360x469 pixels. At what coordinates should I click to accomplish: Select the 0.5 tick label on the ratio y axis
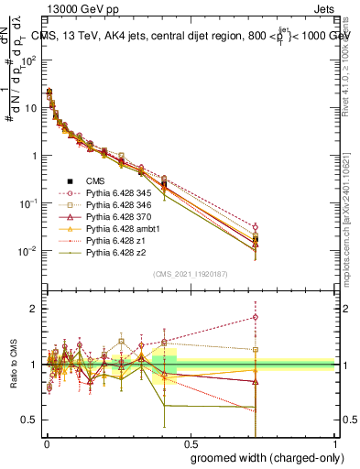tap(31, 420)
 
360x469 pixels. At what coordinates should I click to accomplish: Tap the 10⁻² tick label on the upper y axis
tap(29, 251)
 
